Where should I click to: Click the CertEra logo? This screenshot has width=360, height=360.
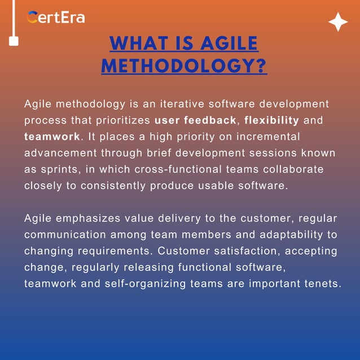56,17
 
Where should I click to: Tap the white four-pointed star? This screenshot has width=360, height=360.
338,22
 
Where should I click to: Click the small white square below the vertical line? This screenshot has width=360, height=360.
13,41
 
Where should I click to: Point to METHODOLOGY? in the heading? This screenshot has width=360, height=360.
184,66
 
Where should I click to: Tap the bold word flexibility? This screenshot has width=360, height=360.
271,121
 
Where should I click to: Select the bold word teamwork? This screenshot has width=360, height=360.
52,137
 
